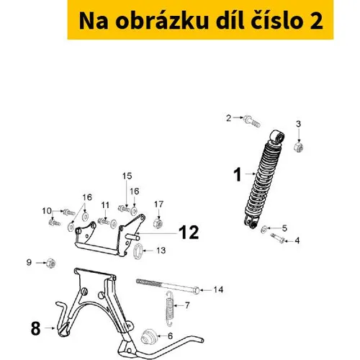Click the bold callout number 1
238,174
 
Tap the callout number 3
298,124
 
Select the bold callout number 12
189,233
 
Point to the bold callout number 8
35,328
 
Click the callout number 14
218,289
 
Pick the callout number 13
161,251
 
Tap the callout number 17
158,204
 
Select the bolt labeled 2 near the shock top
252,122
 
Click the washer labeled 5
264,230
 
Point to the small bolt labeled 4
278,238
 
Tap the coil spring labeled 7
170,309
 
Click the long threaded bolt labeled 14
168,287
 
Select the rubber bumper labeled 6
149,337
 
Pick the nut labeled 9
51,264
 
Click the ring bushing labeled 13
138,251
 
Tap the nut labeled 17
158,223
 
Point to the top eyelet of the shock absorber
278,137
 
